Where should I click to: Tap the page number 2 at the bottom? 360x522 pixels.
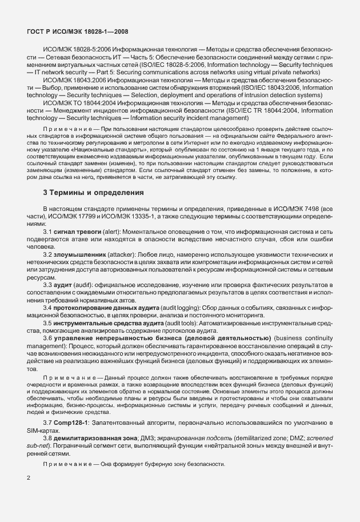29,477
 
